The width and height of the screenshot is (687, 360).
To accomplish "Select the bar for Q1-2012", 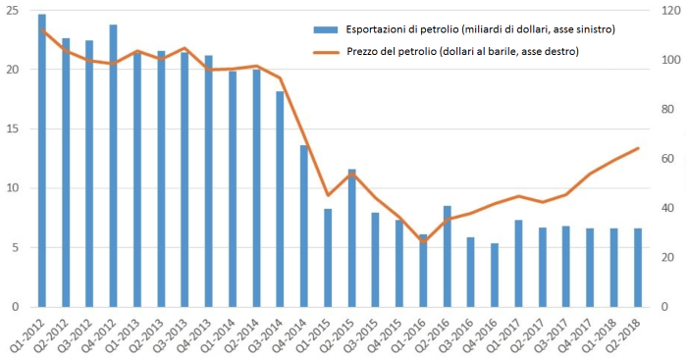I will pyautogui.click(x=42, y=162).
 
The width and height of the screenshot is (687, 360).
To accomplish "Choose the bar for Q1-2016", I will pyautogui.click(x=423, y=271).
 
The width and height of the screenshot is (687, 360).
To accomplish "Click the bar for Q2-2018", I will pyautogui.click(x=637, y=268).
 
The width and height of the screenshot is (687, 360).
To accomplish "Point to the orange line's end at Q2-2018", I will pyautogui.click(x=638, y=148).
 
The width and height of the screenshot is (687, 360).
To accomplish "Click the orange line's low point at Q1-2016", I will pyautogui.click(x=423, y=241).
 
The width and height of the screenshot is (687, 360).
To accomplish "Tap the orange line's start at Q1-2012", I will pyautogui.click(x=42, y=30).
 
